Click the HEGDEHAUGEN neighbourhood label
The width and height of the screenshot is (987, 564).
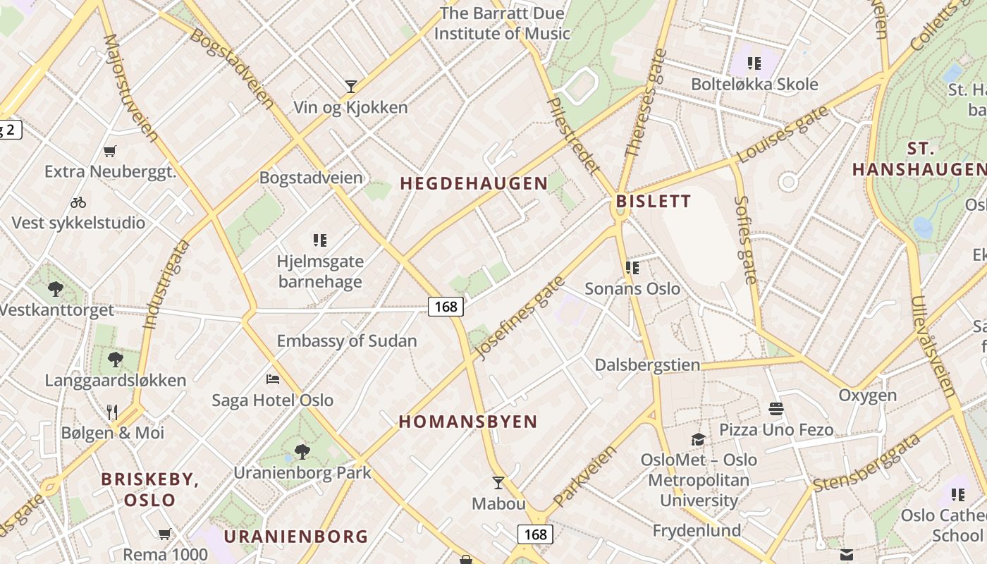(474, 183)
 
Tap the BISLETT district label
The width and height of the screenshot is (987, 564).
(654, 202)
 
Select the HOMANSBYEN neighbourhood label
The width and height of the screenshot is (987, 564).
(468, 422)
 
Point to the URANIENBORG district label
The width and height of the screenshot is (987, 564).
(296, 536)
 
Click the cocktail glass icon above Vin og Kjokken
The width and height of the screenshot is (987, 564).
(350, 87)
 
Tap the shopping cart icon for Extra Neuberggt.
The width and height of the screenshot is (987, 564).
(109, 151)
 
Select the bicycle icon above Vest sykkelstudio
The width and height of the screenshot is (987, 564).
(78, 202)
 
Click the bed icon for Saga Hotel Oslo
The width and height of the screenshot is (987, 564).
(273, 379)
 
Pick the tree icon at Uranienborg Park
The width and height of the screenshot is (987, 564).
(302, 451)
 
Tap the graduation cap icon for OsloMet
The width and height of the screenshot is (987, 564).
(698, 439)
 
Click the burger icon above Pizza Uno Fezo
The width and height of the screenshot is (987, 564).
(776, 409)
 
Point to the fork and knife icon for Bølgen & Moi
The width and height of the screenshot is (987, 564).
(112, 412)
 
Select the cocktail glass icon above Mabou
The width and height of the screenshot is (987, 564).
(498, 483)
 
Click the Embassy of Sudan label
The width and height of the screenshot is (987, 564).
(347, 341)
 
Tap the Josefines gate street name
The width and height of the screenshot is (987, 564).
(521, 317)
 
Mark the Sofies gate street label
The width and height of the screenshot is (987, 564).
(744, 240)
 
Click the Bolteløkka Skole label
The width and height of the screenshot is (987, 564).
(754, 85)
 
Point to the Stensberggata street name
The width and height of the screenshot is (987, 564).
(867, 462)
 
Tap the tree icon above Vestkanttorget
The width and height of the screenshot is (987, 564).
(55, 288)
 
